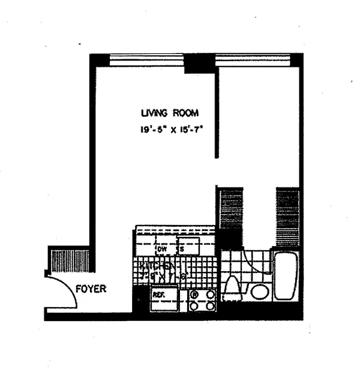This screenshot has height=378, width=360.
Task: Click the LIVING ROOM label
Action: pyautogui.click(x=169, y=113)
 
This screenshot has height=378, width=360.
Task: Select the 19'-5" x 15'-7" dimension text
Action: pyautogui.click(x=169, y=128)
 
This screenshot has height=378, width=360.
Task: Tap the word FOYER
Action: pyautogui.click(x=91, y=289)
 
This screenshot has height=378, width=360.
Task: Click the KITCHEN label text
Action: pyautogui.click(x=157, y=266)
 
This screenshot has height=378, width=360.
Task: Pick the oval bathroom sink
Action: pyautogui.click(x=260, y=292)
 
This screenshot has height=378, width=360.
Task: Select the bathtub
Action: pyautogui.click(x=286, y=276)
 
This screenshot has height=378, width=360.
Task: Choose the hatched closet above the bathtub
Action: pyautogui.click(x=287, y=217)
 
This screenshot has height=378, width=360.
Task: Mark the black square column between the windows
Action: pyautogui.click(x=199, y=63)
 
